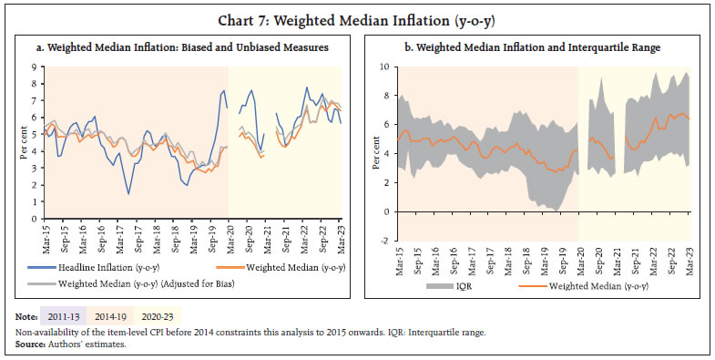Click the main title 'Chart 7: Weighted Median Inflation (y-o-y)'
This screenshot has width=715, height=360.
pos(357,16)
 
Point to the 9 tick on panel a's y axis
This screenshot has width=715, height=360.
pos(35,67)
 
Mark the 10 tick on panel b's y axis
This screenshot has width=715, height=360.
pos(384,67)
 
